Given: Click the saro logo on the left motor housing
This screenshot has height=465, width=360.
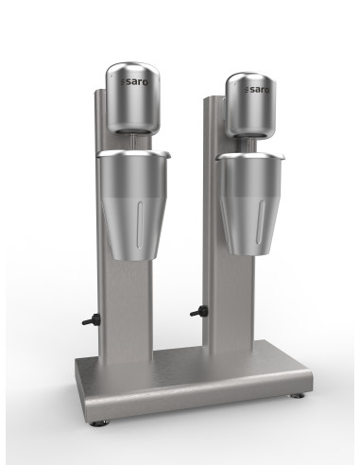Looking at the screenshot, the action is click(135, 82).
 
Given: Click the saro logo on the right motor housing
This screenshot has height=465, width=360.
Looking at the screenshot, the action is click(257, 90).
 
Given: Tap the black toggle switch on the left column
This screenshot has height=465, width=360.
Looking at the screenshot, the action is click(91, 320).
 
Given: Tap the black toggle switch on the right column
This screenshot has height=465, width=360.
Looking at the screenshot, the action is click(199, 312).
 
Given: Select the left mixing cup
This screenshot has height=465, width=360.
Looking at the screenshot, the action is click(133, 205).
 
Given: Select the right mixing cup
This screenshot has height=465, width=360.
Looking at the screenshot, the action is click(250, 204).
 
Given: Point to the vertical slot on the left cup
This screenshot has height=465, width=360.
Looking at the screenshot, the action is click(140, 222).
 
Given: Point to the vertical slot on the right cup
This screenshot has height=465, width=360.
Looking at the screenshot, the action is click(261, 222).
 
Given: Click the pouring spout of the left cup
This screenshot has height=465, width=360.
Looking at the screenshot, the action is click(166, 154).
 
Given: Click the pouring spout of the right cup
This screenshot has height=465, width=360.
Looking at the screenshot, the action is click(281, 156).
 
